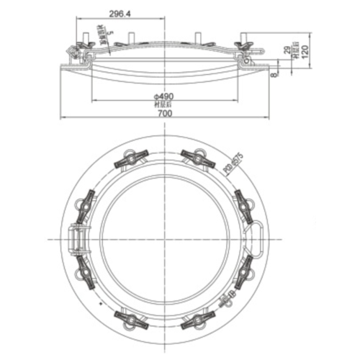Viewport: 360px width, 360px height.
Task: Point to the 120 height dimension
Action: pyautogui.click(x=305, y=51)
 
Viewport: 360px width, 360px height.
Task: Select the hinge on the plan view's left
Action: pyautogui.click(x=77, y=237)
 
